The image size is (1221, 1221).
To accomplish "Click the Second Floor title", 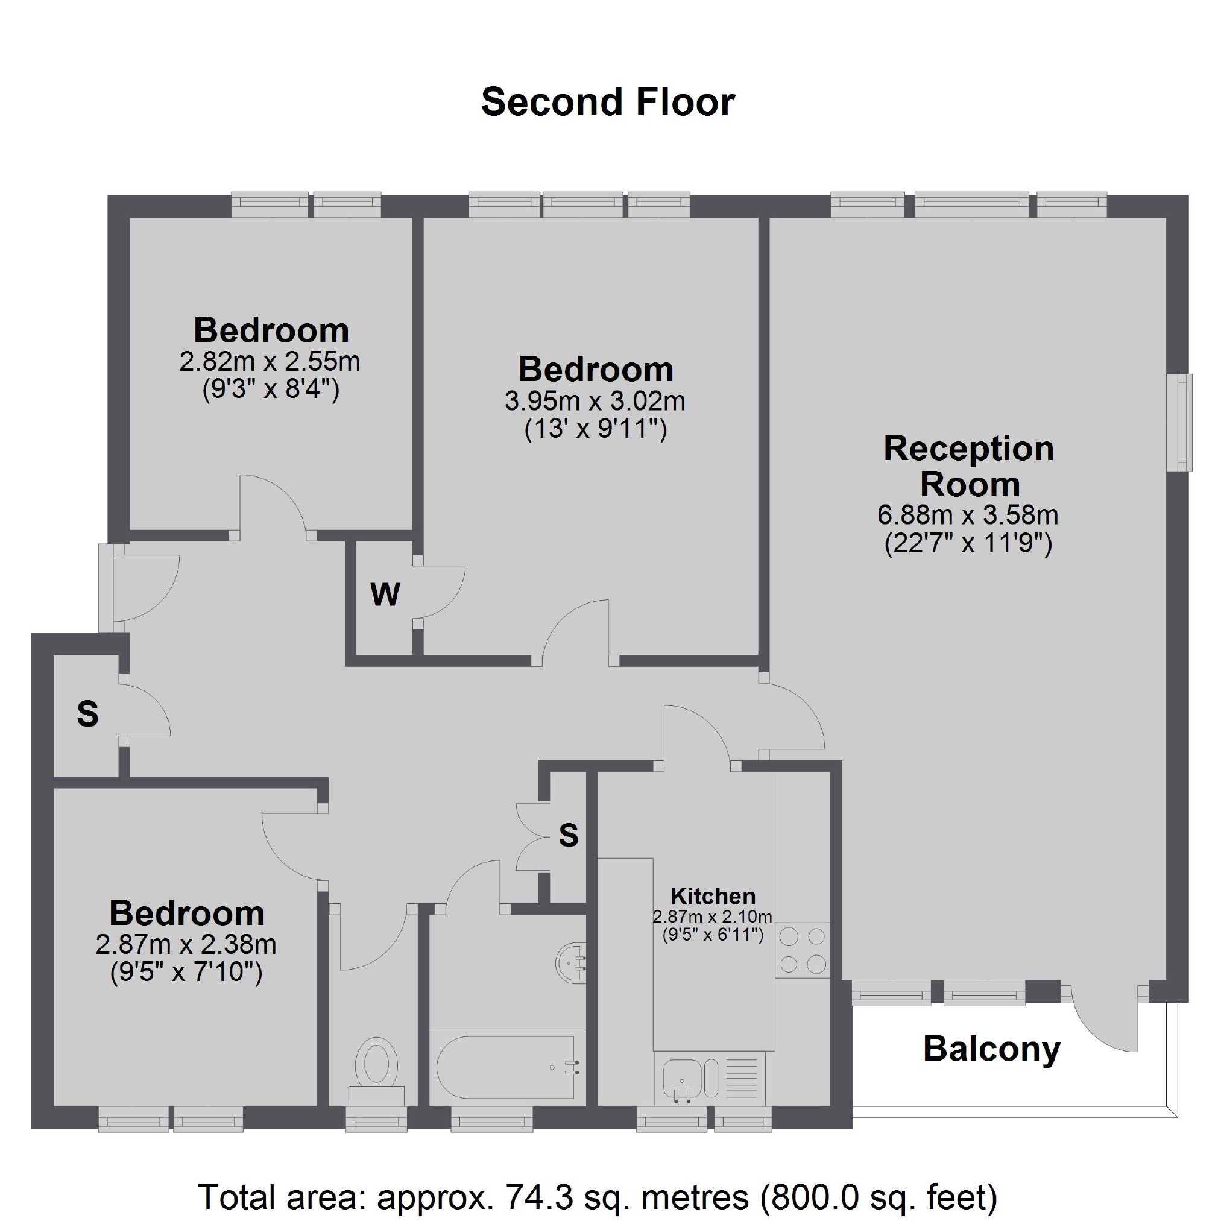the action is pyautogui.click(x=608, y=102).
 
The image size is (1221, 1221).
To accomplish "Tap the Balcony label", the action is pyautogui.click(x=991, y=1050).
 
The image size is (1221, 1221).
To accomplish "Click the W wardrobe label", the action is pyautogui.click(x=385, y=594).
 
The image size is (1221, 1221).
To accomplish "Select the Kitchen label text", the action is pyautogui.click(x=713, y=896).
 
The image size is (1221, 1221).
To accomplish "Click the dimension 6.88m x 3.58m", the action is pyautogui.click(x=968, y=515).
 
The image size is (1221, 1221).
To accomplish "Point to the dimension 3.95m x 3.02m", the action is pyautogui.click(x=595, y=401).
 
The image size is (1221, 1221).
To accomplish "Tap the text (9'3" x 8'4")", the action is pyautogui.click(x=271, y=390).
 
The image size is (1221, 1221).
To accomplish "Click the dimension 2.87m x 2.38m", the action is pyautogui.click(x=186, y=945).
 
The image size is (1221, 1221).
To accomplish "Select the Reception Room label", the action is pyautogui.click(x=969, y=467).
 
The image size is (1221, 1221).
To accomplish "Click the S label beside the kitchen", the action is pyautogui.click(x=569, y=836).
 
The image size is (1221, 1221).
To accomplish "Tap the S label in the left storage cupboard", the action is pyautogui.click(x=88, y=714).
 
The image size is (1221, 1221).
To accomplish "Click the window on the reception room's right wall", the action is pyautogui.click(x=1179, y=422).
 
